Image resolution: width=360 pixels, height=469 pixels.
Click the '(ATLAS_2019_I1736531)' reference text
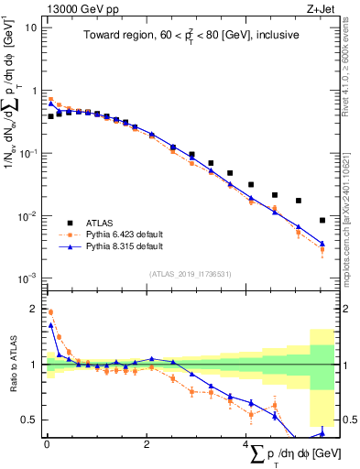tap(190, 274)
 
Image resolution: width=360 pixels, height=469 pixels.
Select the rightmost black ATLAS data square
tap(322, 220)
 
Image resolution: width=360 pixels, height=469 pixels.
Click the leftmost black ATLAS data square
tap(50, 116)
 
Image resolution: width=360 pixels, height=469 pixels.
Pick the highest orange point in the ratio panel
tap(50, 311)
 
